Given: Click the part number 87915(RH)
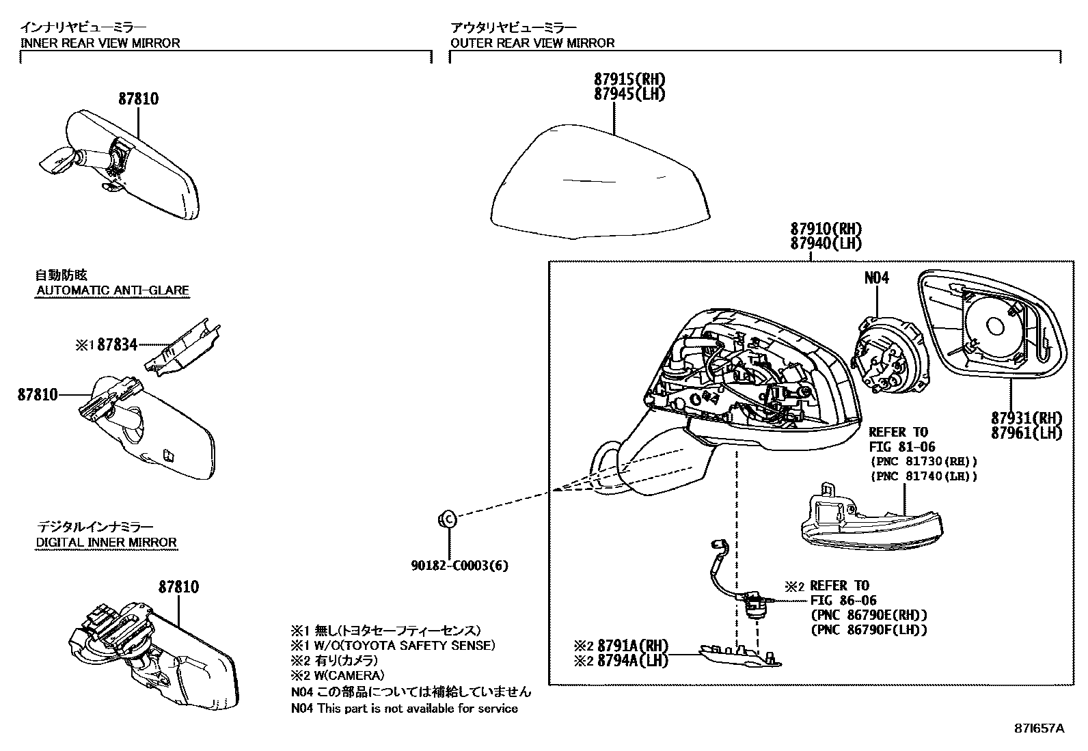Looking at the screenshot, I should (x=629, y=79).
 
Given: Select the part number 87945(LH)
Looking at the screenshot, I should (x=629, y=94).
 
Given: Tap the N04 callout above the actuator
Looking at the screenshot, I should (x=876, y=278).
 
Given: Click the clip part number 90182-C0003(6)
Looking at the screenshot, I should (x=459, y=566).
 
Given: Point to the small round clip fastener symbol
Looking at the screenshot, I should (x=446, y=519).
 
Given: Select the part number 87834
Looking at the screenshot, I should (x=117, y=345).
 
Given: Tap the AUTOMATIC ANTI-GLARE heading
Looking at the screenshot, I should (x=112, y=290).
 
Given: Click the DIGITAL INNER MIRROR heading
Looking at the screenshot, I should (x=106, y=543).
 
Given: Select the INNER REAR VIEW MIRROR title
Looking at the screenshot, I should (x=100, y=43).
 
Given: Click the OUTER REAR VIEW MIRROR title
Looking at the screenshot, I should (x=532, y=43).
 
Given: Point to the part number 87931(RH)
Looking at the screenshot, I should (x=1026, y=418).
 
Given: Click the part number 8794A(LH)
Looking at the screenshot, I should (x=632, y=661).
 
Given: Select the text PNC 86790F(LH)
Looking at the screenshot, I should (x=869, y=630).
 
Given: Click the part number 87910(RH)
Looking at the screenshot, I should (x=826, y=229).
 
